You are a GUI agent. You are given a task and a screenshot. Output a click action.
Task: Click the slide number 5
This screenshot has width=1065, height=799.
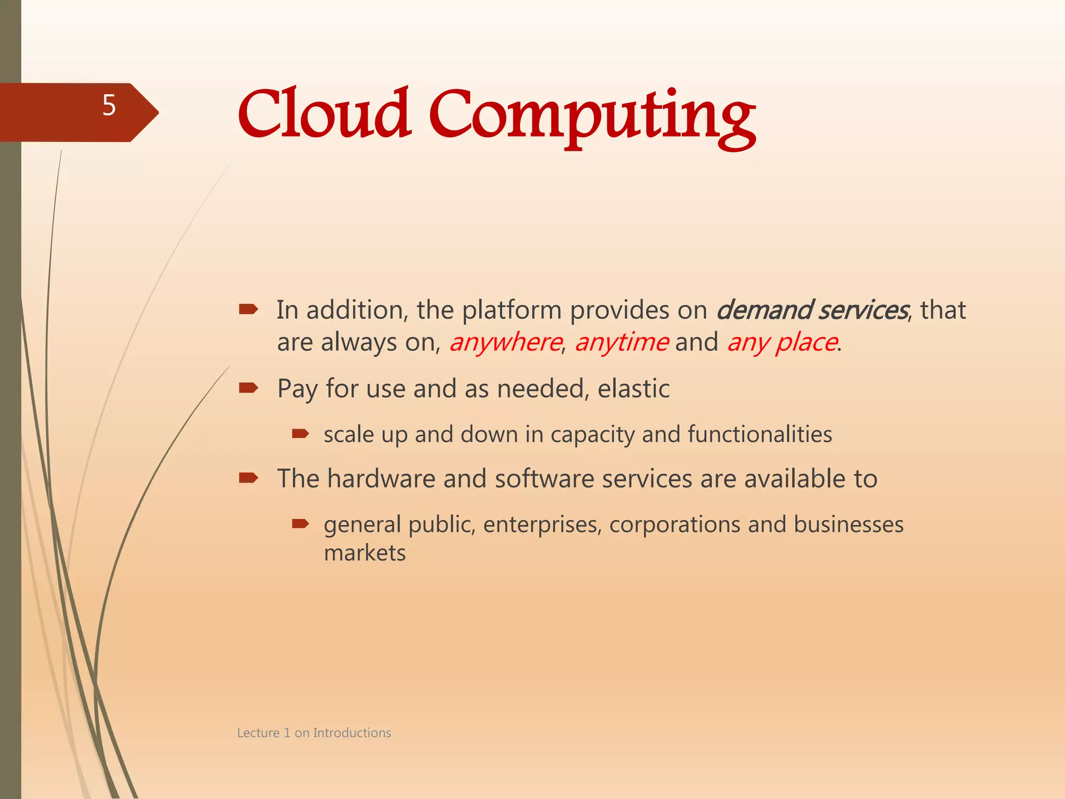[109, 106]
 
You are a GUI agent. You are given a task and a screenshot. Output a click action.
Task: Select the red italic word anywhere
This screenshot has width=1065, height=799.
[505, 342]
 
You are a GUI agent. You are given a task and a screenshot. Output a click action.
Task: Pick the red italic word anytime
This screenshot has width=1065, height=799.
[621, 342]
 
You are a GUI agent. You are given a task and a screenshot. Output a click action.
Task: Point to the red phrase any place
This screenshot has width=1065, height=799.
[782, 342]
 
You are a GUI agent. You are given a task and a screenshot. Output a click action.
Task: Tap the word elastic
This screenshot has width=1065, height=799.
[633, 389]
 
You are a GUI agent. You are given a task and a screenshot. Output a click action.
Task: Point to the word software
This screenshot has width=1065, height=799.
[544, 479]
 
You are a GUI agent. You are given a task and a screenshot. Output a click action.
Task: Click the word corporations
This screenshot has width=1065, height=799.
[674, 524]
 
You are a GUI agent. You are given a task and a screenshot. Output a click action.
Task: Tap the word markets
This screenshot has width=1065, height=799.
[365, 553]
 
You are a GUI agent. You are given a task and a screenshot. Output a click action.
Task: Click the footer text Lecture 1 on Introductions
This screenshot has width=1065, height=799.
[314, 733]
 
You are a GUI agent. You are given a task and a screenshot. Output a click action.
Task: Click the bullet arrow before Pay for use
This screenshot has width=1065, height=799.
[249, 388]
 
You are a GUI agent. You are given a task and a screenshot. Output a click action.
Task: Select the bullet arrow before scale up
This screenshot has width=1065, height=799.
[301, 433]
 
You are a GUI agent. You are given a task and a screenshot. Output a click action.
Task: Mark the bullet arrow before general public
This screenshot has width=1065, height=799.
[301, 523]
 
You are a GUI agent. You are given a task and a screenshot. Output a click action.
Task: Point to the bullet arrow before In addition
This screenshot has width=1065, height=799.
[249, 310]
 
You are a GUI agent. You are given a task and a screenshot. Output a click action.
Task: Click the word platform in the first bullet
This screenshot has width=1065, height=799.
[512, 310]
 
